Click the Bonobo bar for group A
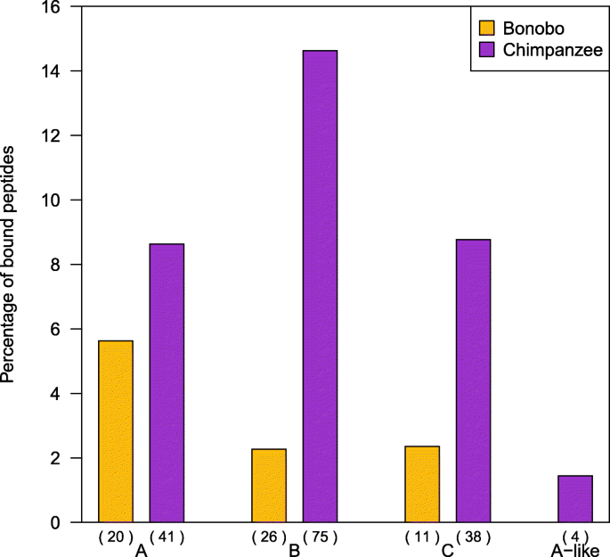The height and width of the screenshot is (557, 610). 116,431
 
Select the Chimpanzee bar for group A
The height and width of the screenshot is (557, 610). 167,383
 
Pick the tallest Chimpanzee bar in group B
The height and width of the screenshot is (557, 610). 321,286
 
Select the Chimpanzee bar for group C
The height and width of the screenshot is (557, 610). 473,381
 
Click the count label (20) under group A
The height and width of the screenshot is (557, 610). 116,537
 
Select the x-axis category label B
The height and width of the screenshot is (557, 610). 295,551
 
